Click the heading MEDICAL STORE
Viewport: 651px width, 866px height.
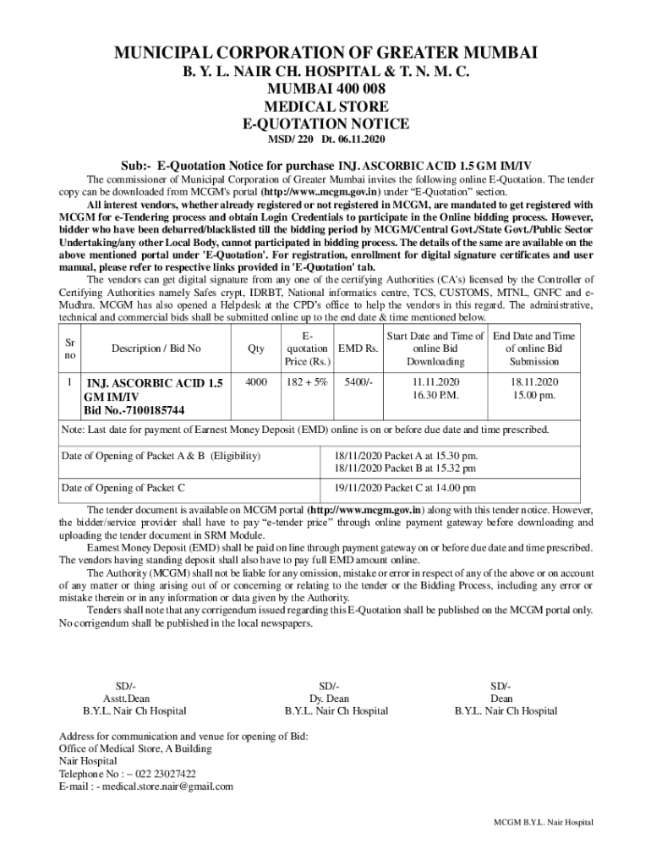[x=325, y=107]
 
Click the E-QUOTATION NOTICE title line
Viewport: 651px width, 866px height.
[x=325, y=123]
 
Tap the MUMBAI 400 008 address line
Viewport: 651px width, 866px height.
[x=325, y=90]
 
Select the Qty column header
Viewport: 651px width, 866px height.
[x=255, y=348]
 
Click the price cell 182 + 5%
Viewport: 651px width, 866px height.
[x=307, y=382]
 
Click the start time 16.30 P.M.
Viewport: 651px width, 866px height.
[x=435, y=396]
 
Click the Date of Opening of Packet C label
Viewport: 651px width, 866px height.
[x=123, y=488]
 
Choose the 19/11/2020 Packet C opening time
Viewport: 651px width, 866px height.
[x=405, y=488]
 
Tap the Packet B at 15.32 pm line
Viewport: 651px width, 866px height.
[x=406, y=468]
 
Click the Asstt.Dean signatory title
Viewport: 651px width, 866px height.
[x=126, y=699]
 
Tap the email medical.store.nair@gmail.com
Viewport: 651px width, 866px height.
[x=167, y=787]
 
